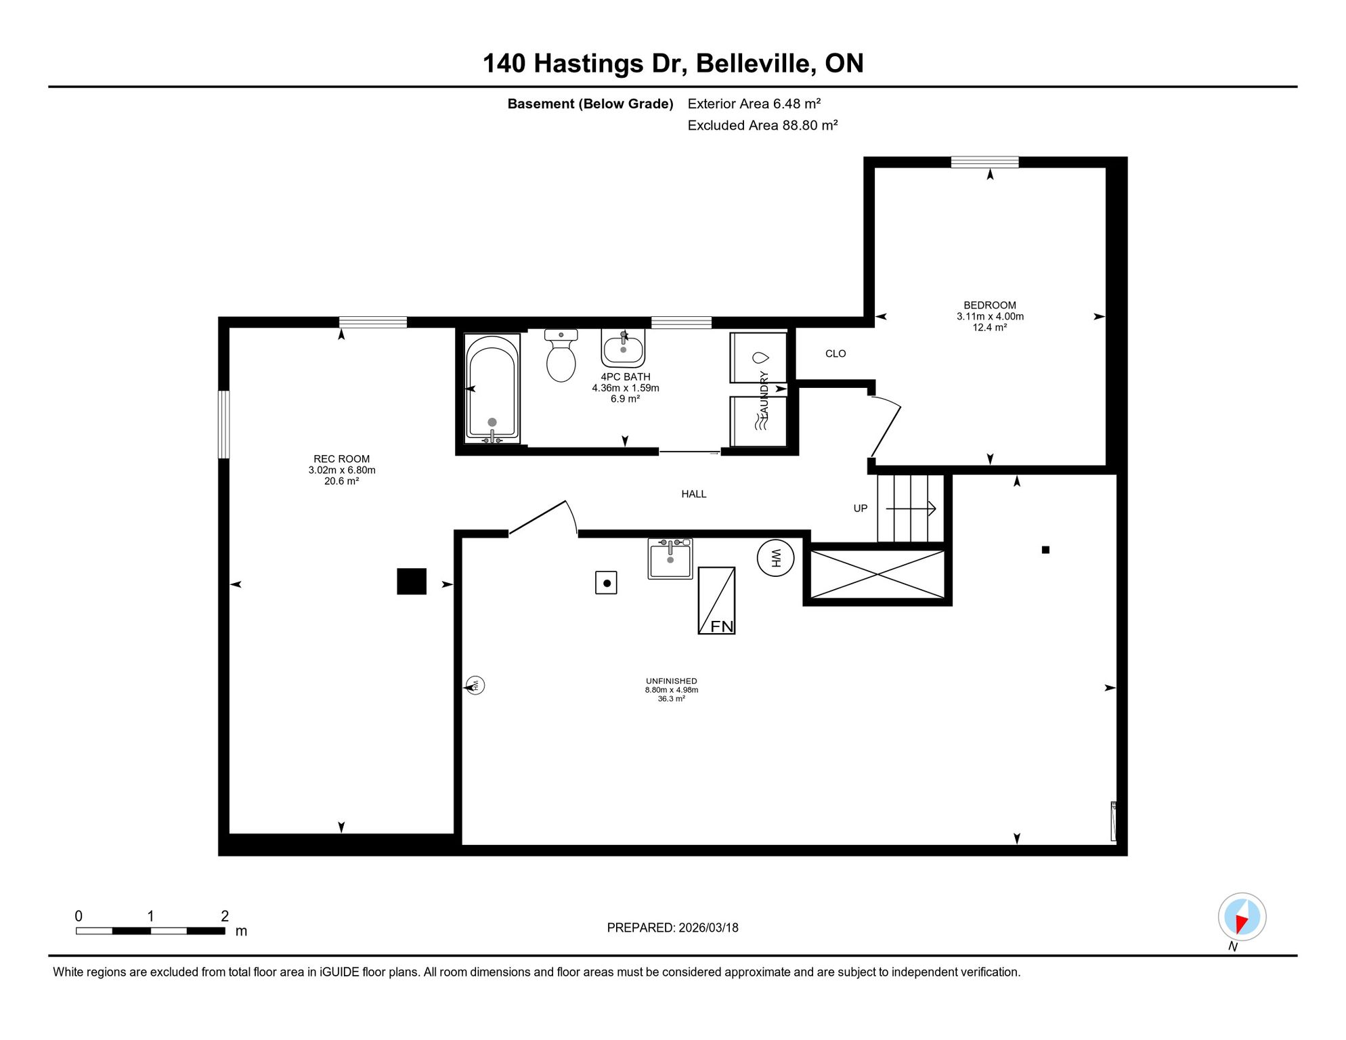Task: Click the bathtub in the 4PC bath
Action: click(492, 388)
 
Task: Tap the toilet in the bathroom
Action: click(561, 355)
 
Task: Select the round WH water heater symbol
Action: click(775, 558)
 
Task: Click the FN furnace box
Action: click(716, 601)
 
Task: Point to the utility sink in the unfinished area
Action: click(670, 559)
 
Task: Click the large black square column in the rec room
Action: click(412, 581)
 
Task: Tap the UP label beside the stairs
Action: click(861, 508)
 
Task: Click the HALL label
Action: click(694, 494)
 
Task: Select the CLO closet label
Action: click(835, 353)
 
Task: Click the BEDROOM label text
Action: click(990, 305)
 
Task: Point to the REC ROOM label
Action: click(342, 459)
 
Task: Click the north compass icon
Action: click(1242, 917)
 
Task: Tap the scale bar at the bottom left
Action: click(150, 931)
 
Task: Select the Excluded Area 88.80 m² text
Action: click(762, 125)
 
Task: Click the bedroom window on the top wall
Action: click(984, 162)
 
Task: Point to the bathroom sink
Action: click(623, 348)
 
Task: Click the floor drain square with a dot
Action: click(606, 583)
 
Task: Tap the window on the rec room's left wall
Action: click(223, 425)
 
